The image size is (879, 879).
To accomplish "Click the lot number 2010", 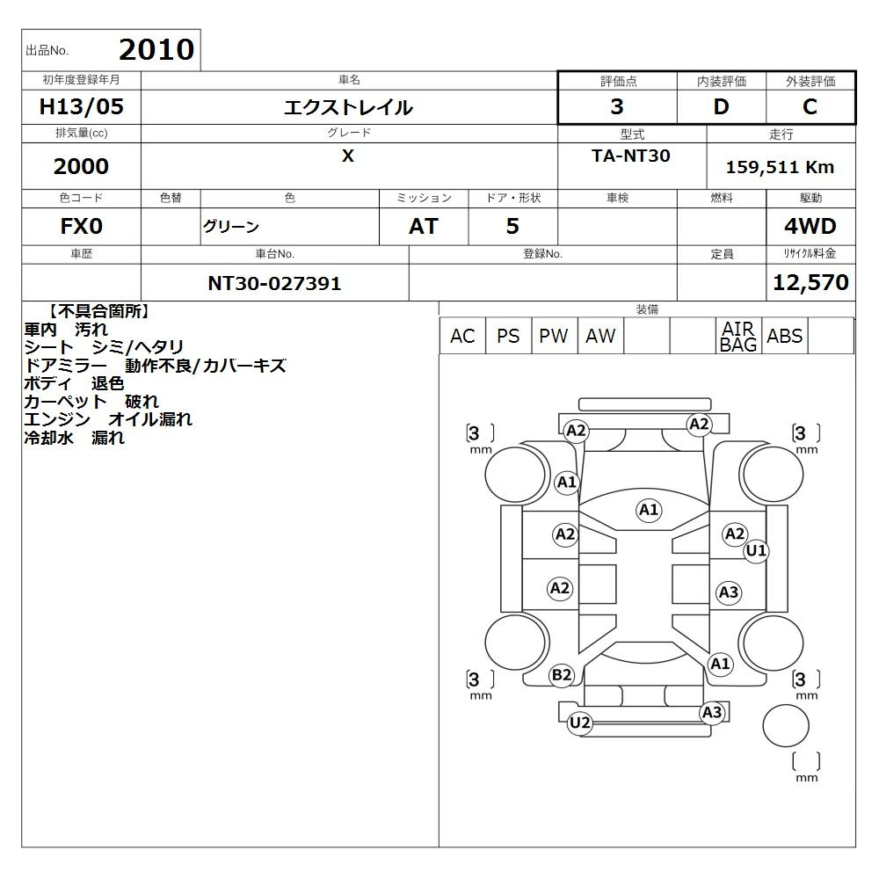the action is point(156,50).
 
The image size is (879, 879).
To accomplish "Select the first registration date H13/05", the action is point(81,106).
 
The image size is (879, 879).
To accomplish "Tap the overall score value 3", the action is point(617,106).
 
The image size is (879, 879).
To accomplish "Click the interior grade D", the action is point(721,106).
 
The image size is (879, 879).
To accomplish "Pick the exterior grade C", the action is point(810,106).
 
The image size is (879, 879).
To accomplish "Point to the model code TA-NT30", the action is point(630,156).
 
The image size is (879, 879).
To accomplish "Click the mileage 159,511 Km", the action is point(780,167).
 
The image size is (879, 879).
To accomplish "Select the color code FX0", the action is point(81,226).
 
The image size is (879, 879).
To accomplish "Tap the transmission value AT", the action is point(424,226).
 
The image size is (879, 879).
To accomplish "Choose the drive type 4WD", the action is point(810,226).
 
